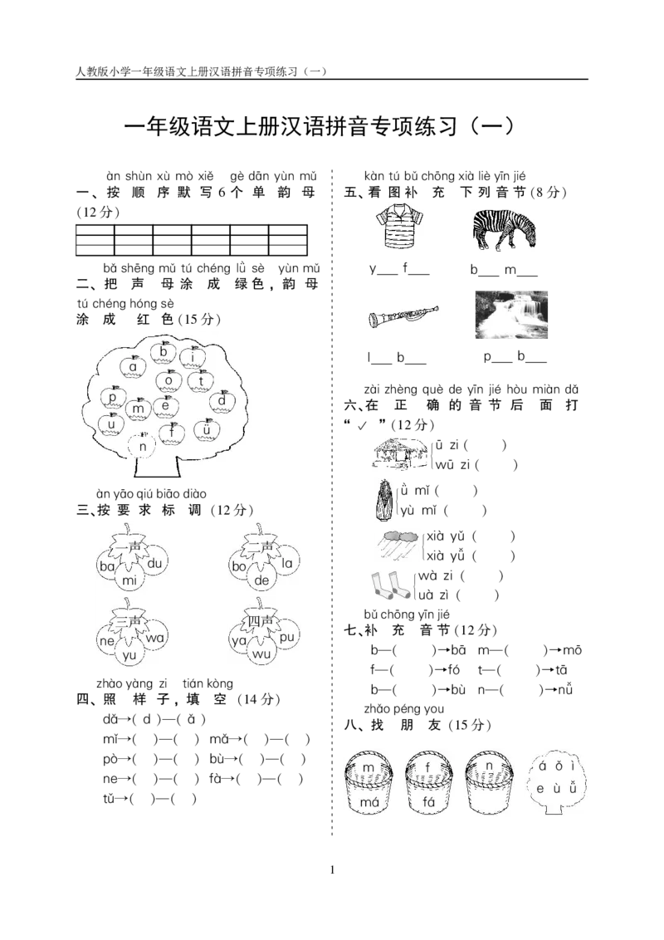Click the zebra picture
tap(503, 230)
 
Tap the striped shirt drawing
tap(400, 225)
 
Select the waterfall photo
tap(511, 315)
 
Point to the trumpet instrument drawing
tap(403, 316)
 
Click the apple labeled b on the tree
tap(163, 352)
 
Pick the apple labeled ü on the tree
tap(207, 430)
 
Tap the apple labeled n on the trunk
tap(143, 445)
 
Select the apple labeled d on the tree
tap(222, 400)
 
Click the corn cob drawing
tap(385, 499)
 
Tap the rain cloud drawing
tap(398, 545)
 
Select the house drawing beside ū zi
tap(401, 453)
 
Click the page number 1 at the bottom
tap(333, 870)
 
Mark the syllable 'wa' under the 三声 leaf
tap(154, 637)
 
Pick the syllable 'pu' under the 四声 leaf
tap(287, 637)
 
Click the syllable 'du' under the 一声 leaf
tap(154, 563)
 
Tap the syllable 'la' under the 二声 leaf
tap(287, 563)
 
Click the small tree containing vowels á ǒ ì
tap(557, 780)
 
